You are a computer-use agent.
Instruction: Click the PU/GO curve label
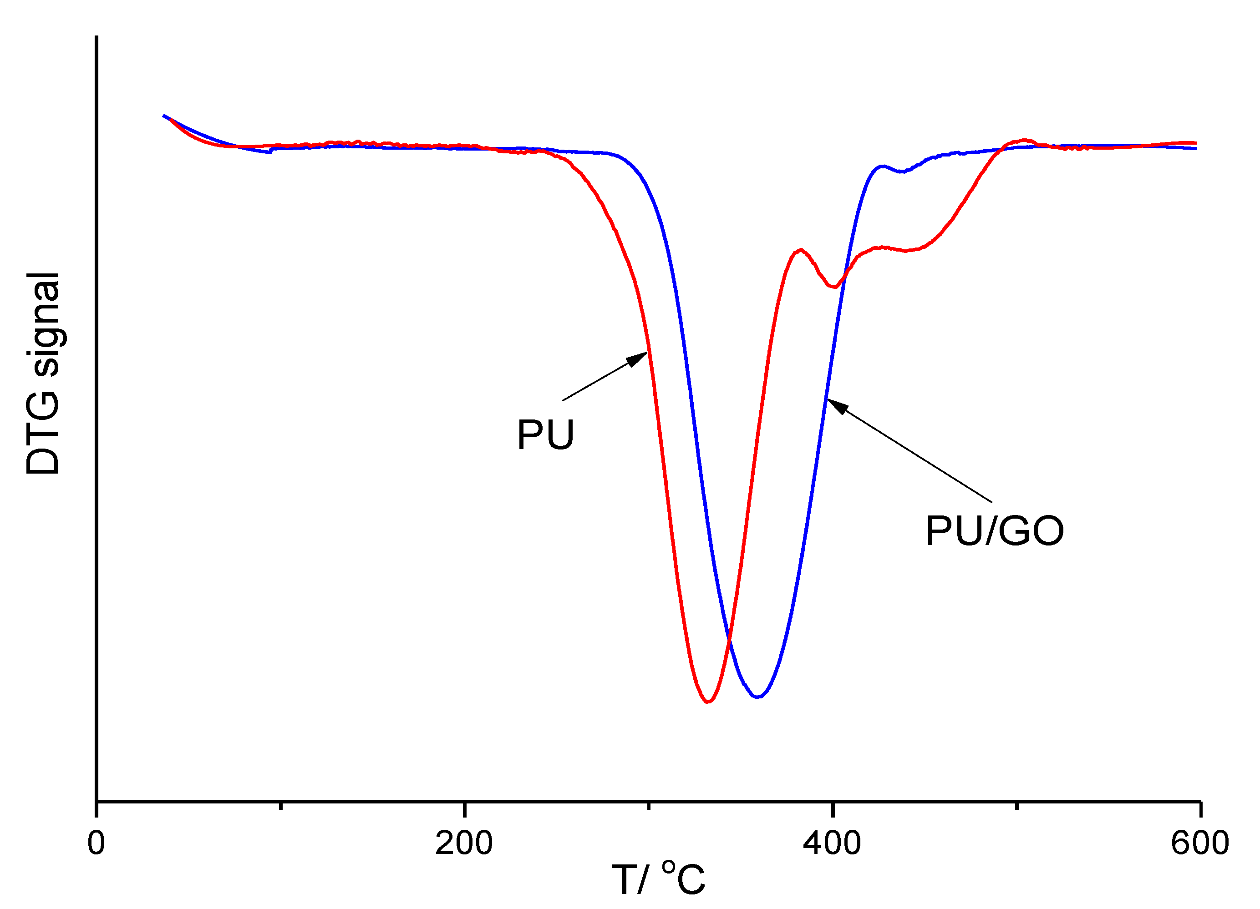click(x=995, y=531)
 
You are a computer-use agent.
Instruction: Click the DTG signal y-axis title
click(x=43, y=373)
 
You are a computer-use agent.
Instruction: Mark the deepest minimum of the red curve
click(x=707, y=702)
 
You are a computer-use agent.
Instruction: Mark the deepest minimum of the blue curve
click(x=757, y=697)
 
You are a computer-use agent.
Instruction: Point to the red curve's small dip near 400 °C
click(x=834, y=287)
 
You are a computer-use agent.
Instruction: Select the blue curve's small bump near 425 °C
click(x=882, y=166)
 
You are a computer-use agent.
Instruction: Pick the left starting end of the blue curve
click(x=163, y=116)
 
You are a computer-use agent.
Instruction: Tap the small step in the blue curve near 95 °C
click(x=271, y=151)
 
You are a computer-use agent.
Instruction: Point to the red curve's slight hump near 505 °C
click(x=1023, y=140)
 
